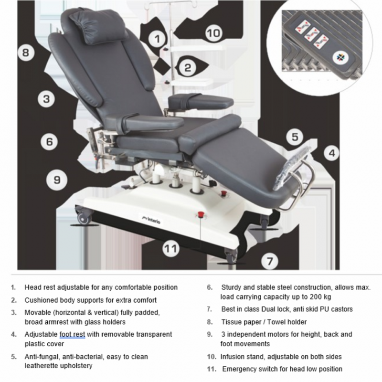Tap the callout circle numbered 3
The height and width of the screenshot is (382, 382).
tap(46, 99)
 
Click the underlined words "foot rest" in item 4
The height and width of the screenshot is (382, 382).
tap(73, 335)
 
